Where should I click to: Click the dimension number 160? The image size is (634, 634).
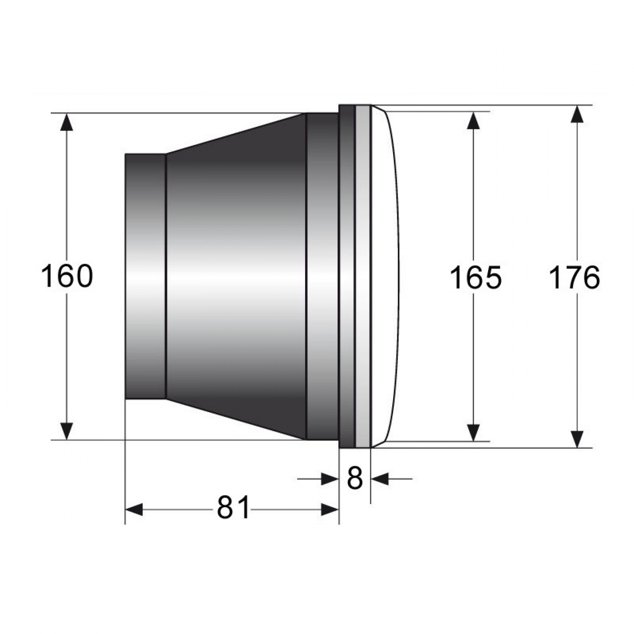tap(67, 276)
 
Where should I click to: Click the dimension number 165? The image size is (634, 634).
tap(475, 278)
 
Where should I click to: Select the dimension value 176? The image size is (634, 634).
tap(574, 278)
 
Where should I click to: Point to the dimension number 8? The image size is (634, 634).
tap(355, 478)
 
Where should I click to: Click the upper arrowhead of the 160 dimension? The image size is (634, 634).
tap(67, 122)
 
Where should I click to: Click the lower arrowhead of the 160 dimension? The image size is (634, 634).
tap(67, 431)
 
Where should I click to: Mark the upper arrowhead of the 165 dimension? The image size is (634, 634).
tap(475, 120)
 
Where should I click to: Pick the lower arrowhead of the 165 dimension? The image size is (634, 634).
tap(475, 432)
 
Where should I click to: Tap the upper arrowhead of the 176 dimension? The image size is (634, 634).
tap(577, 114)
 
